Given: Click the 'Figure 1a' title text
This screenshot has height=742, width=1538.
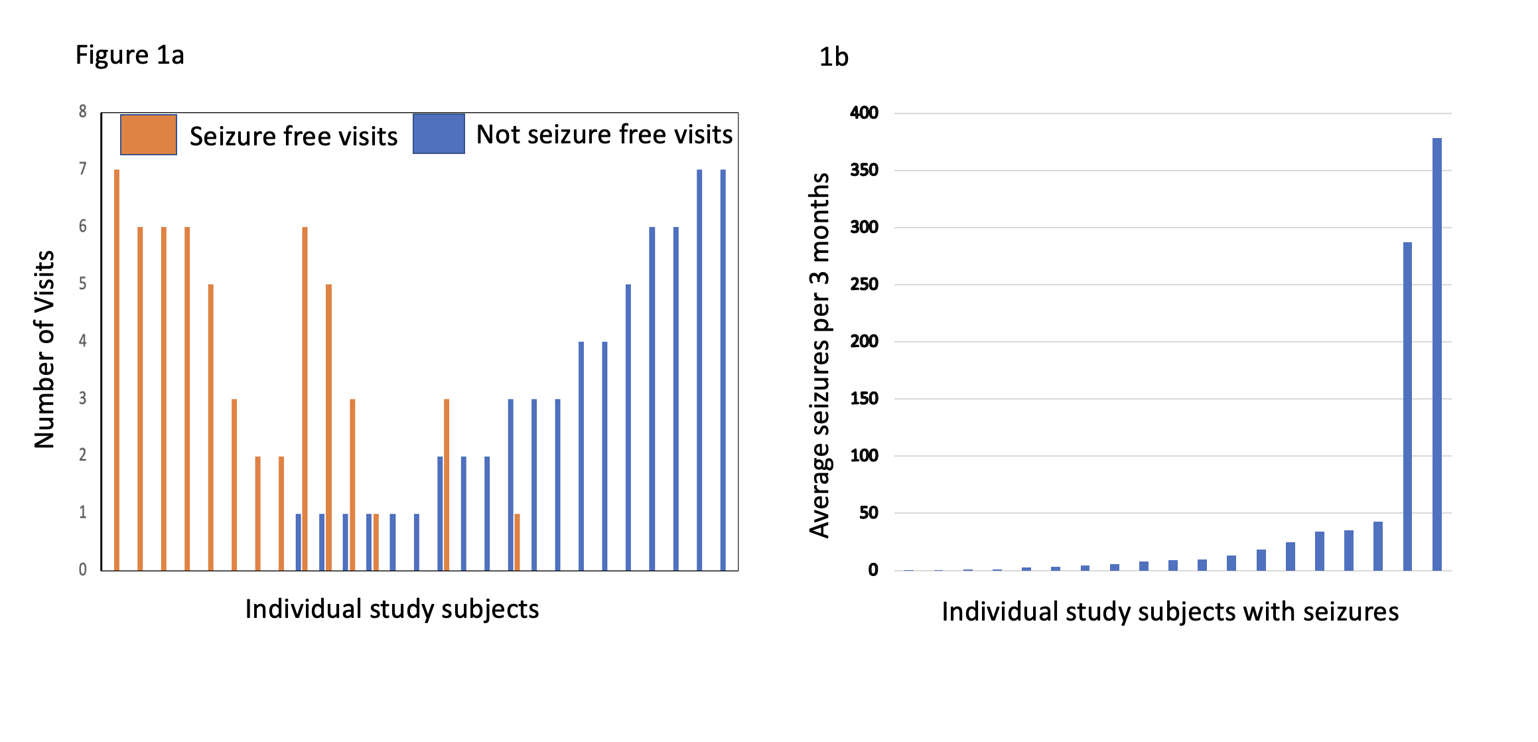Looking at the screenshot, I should tap(129, 55).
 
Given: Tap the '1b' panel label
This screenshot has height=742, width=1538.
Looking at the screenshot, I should tap(833, 57).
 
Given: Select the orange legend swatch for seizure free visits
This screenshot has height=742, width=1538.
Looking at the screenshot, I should tap(149, 135).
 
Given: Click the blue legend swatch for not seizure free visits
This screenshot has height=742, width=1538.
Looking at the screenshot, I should tap(439, 134).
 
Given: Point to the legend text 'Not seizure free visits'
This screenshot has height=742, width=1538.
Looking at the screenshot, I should tap(604, 135).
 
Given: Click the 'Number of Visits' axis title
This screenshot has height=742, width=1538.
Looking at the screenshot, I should tap(44, 350).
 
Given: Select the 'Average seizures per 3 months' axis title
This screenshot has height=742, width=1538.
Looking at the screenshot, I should tap(820, 355).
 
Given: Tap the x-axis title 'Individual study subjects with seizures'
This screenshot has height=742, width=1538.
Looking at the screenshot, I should tap(1170, 611).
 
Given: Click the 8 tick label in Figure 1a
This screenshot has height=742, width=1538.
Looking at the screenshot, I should tap(82, 111).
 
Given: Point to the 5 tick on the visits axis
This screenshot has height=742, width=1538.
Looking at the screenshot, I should tap(82, 284).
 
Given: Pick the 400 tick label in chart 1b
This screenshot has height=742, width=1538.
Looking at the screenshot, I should tap(864, 113).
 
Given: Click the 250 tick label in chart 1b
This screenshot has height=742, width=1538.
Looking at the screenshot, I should tap(864, 284).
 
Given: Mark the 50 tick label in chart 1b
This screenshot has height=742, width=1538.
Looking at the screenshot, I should tap(868, 513).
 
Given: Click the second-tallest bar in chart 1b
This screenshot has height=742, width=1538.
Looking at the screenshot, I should tap(1407, 406).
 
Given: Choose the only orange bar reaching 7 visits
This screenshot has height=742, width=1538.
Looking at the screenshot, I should tap(117, 370).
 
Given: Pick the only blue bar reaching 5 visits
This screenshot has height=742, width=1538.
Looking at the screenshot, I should tap(628, 427).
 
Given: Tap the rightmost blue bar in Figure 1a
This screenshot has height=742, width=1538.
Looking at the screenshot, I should tap(723, 370).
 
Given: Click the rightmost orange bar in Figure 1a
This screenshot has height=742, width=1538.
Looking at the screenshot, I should tap(517, 542).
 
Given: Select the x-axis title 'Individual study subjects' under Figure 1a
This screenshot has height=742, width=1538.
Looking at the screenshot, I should tap(391, 609).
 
